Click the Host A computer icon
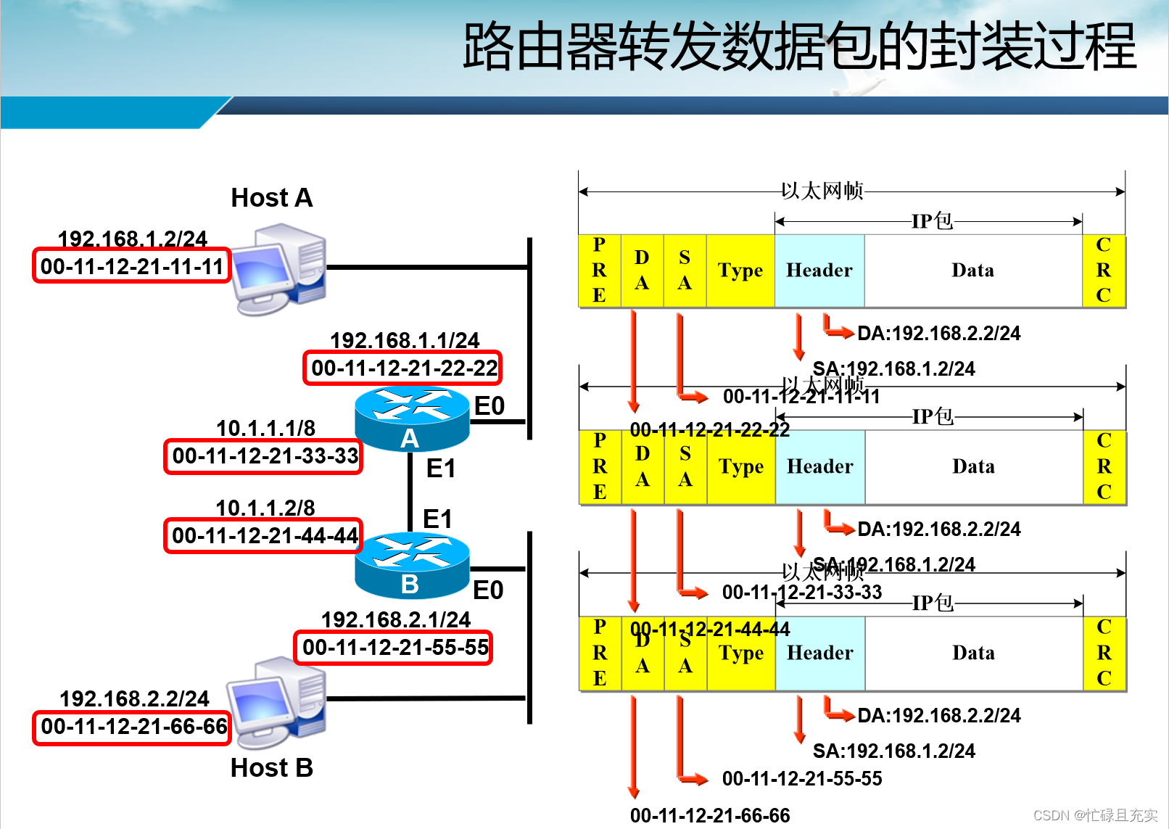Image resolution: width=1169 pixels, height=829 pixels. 280,268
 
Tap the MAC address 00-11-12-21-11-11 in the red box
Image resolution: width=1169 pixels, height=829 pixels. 132,266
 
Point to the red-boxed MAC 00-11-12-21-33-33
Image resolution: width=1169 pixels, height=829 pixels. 265,456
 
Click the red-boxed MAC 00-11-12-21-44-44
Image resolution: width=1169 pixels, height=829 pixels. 265,536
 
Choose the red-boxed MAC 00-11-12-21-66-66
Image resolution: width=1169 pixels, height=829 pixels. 133,727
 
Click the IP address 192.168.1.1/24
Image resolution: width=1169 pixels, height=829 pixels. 405,340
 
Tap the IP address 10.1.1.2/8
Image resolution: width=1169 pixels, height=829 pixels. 265,507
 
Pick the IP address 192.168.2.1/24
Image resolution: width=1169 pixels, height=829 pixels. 396,619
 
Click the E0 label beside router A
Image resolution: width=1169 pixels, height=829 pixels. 490,406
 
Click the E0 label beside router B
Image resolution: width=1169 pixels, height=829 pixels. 488,590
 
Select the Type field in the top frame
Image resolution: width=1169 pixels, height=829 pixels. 740,271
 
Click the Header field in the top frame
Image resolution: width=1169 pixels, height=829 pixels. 819,271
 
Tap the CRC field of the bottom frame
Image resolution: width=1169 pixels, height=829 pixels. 1104,653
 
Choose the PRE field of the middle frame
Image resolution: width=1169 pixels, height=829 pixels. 600,466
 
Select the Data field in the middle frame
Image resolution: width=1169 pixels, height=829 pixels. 973,466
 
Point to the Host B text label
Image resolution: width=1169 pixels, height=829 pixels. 272,767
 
